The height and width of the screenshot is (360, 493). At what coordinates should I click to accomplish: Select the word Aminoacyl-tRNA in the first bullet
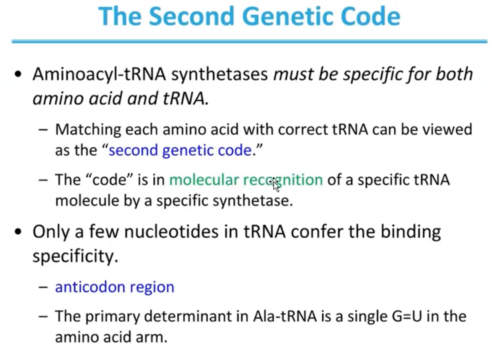100,74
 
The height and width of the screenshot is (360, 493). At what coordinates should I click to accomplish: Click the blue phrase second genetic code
180,150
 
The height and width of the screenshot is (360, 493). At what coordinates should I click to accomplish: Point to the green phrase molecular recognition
246,180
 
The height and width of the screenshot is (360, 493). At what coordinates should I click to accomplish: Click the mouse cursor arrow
275,185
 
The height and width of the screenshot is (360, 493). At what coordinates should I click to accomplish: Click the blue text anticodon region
114,287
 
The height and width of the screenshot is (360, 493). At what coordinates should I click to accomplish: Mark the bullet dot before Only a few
17,232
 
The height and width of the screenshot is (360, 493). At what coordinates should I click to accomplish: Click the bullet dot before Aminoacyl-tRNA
17,75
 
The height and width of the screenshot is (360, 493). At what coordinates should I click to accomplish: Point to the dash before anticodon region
44,287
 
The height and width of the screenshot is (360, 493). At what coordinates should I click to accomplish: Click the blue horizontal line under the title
249,41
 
